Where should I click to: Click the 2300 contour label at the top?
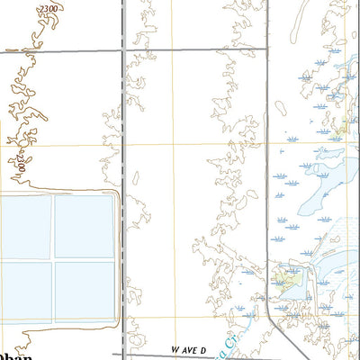coord(52,7)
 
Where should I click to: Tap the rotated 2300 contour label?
coord(19,163)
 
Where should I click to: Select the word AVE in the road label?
coord(188,348)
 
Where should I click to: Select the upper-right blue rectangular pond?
coord(85,225)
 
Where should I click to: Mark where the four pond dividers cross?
coord(54,259)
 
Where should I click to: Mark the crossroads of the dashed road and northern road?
coord(123,51)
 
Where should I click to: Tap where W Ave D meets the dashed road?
coord(124,354)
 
